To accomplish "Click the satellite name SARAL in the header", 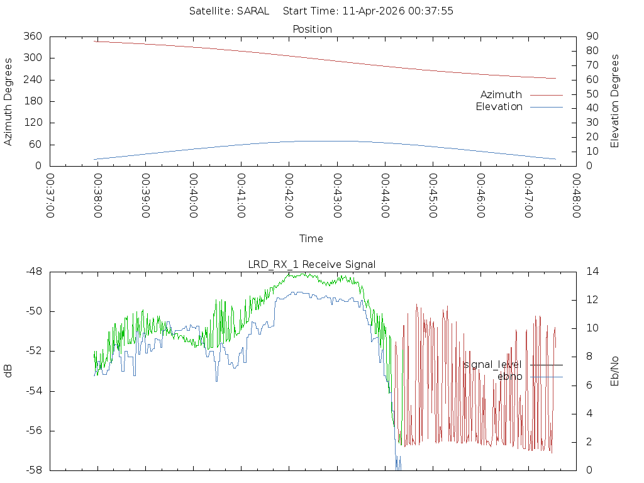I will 253,11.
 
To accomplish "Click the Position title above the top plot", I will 313,29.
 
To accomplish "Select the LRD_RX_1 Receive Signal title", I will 312,264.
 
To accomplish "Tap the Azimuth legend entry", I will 501,94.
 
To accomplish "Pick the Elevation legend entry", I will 499,107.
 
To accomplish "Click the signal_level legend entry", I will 492,364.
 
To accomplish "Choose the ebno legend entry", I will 509,377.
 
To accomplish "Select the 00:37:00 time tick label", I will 50,196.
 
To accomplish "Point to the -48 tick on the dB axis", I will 33,272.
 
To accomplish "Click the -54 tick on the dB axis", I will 33,391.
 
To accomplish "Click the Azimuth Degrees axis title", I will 8,102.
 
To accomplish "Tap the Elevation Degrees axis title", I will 615,101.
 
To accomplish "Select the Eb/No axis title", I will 615,371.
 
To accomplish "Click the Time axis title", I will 311,239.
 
